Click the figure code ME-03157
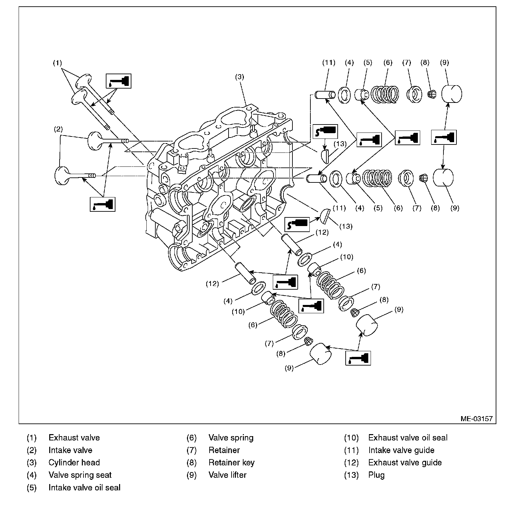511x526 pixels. coord(476,418)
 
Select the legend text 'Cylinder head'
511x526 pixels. coord(74,462)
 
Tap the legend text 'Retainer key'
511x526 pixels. coord(231,462)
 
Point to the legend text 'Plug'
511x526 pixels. coord(376,475)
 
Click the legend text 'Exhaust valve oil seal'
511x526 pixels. coord(408,437)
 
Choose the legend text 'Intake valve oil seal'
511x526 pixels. coord(84,487)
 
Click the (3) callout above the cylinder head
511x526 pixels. coord(240,77)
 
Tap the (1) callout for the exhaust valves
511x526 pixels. coord(58,63)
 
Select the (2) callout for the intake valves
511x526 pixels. coord(58,129)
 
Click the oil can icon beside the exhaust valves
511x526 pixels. coord(118,81)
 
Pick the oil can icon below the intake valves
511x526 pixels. coord(103,204)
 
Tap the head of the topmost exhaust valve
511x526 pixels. coord(84,82)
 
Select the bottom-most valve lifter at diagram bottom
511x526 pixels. coord(320,354)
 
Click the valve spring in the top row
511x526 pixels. coord(385,94)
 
